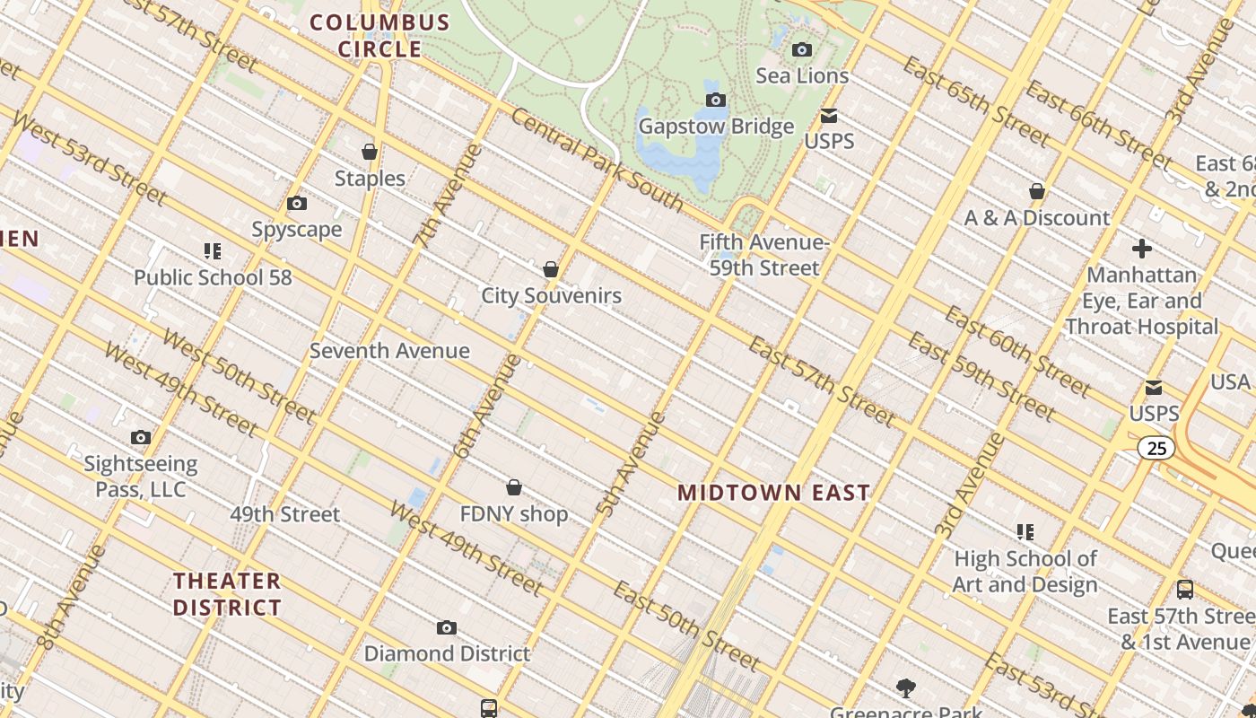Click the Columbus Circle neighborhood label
379,36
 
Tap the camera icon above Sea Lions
802,50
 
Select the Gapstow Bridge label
716,127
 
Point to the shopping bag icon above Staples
370,152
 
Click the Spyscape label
297,230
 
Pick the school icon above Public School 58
213,251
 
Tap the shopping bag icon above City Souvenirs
551,269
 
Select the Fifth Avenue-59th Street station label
764,255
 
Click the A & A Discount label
1036,218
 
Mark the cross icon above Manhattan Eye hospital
1141,249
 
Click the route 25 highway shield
1156,447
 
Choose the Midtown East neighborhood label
773,493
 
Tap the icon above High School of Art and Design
1025,532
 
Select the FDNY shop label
513,514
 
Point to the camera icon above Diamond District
446,628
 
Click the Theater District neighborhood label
227,594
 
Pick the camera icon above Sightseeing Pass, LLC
141,438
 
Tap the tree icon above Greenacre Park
906,688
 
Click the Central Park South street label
597,160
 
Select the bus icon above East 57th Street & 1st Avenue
1184,590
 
